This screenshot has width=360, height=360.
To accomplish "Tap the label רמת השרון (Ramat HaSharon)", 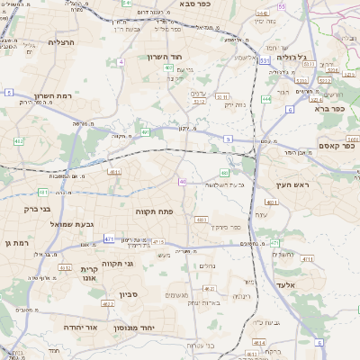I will click(x=53, y=96).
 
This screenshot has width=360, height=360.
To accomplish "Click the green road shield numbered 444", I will click(x=266, y=99).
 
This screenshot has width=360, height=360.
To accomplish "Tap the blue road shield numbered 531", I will click(x=265, y=61).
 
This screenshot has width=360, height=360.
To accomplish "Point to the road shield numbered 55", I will click(x=281, y=6).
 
